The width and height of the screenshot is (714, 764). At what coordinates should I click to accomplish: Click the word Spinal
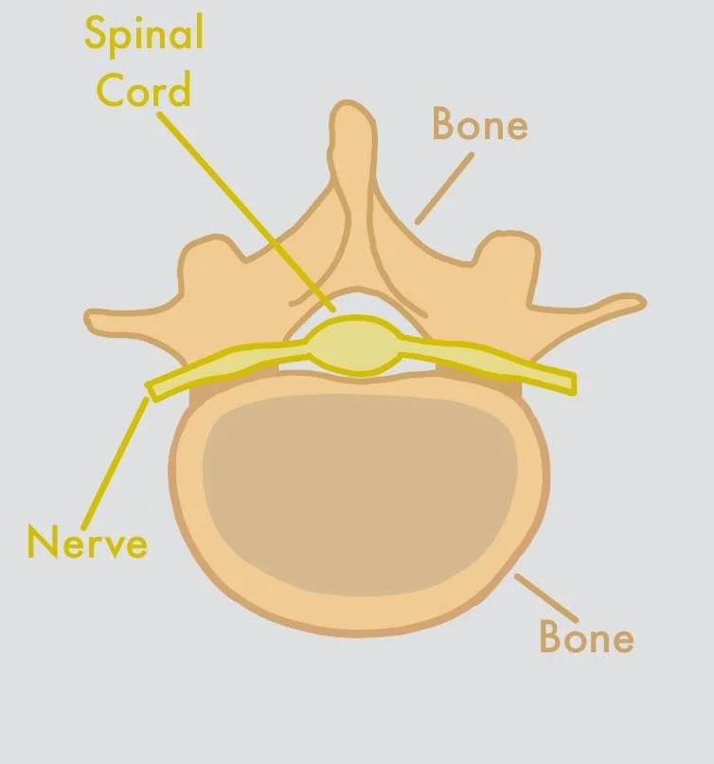tap(144, 36)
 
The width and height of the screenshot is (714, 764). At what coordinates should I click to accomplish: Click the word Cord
tap(148, 90)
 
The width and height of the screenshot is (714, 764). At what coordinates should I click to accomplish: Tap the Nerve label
tap(87, 543)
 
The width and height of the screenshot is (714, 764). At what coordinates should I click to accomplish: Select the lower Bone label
tap(586, 637)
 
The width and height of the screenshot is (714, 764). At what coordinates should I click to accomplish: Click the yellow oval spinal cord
tap(356, 346)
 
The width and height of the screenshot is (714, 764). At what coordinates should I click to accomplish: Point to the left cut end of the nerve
tap(152, 389)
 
